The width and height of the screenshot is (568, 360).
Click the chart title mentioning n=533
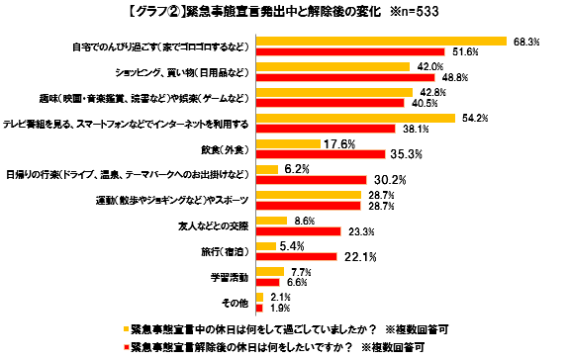point(283,12)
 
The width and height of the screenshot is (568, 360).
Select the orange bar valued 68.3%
point(382,42)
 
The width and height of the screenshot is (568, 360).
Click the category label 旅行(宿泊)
point(229,251)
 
